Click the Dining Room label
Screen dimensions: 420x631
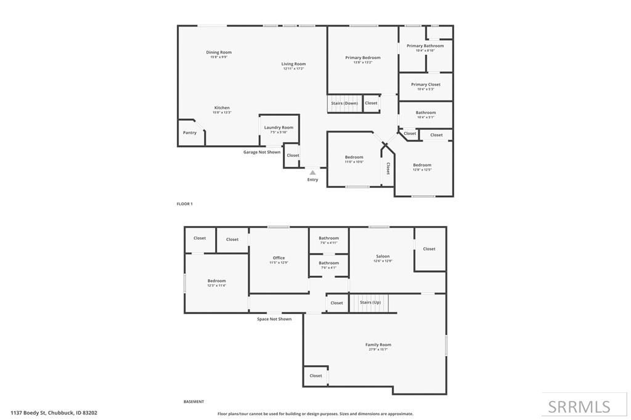click(219, 52)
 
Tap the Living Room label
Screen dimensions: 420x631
click(293, 64)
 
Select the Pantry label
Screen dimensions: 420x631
click(190, 132)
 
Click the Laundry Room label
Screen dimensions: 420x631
click(279, 127)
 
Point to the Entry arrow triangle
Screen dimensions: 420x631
click(312, 172)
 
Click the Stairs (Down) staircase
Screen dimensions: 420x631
click(344, 103)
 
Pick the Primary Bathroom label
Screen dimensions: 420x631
click(425, 46)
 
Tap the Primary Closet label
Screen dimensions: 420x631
click(426, 84)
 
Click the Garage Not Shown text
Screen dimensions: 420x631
click(262, 152)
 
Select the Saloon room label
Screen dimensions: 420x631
click(383, 256)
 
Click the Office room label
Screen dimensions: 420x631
click(279, 258)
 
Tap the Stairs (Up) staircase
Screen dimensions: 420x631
click(370, 302)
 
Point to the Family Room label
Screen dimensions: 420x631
click(378, 345)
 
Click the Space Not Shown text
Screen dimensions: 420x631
click(274, 319)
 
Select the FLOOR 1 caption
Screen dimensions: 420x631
click(185, 204)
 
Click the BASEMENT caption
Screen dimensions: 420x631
click(193, 402)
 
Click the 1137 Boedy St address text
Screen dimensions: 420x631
click(54, 413)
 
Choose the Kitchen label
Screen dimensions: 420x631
click(222, 108)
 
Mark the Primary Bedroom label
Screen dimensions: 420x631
click(363, 58)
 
